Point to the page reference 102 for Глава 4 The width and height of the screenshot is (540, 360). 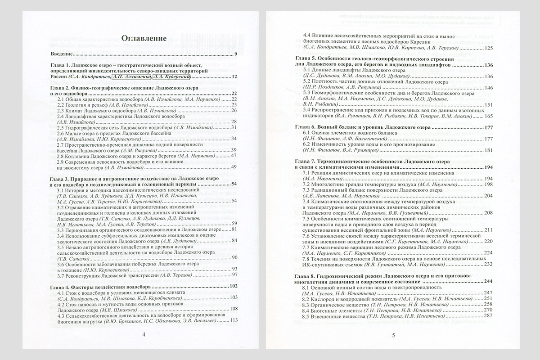[x=233, y=286]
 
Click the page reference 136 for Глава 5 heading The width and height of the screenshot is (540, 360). [x=489, y=65]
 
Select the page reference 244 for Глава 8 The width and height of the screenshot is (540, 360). [x=489, y=281]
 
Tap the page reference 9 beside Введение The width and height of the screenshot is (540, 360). [x=235, y=54]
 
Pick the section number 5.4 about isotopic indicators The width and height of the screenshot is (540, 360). [x=307, y=110]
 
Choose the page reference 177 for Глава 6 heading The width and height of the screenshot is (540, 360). [x=489, y=128]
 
